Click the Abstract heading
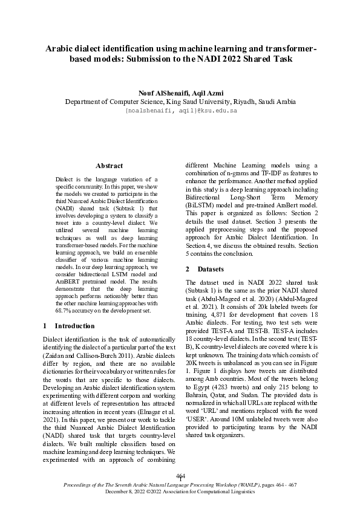click(x=110, y=164)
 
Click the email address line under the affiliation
click(x=180, y=111)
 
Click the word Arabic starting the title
click(x=63, y=48)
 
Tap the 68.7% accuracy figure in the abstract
click(x=64, y=311)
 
